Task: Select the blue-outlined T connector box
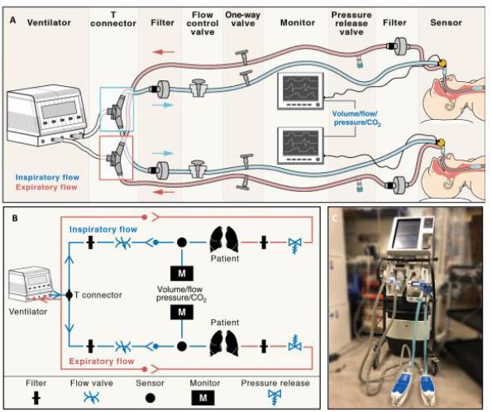pyautogui.click(x=116, y=106)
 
